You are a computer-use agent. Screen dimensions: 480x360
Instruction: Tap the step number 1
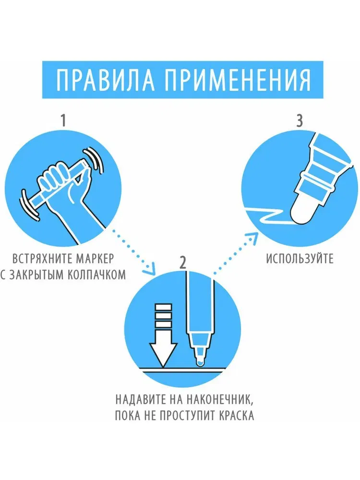click(x=63, y=120)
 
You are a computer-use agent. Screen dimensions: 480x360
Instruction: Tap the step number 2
click(x=182, y=262)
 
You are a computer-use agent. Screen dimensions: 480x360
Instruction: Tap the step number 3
click(x=300, y=120)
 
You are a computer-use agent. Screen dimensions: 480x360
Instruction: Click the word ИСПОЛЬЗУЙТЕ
click(x=300, y=259)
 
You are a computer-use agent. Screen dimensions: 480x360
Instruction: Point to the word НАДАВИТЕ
click(x=140, y=399)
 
